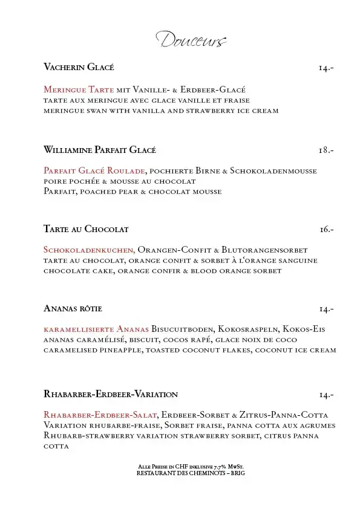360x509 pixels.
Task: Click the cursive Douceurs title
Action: [x=191, y=41]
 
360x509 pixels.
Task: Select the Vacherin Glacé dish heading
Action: [x=79, y=67]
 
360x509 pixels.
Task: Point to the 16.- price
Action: [x=327, y=230]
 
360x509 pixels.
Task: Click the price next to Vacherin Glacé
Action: [x=326, y=68]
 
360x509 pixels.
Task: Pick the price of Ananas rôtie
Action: [x=327, y=309]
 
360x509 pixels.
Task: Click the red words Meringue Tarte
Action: [x=79, y=89]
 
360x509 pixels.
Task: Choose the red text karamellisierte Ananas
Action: [x=96, y=329]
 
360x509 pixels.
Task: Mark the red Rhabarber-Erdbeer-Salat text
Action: [x=100, y=415]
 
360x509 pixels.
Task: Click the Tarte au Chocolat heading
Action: [x=86, y=229]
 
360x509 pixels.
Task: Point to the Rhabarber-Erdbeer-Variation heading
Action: [x=111, y=394]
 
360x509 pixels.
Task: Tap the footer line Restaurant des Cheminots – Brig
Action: [x=191, y=473]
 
